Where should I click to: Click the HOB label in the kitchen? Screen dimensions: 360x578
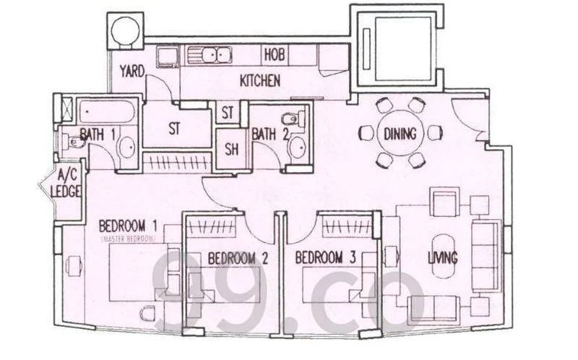click(x=274, y=54)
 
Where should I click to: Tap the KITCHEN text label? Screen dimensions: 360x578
click(x=259, y=81)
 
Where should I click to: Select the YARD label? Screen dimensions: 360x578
click(x=132, y=70)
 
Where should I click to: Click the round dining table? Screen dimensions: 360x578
click(x=399, y=133)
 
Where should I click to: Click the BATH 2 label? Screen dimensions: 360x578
click(x=269, y=133)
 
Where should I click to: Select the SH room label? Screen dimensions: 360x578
click(x=231, y=150)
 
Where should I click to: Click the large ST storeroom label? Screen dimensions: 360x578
click(x=173, y=128)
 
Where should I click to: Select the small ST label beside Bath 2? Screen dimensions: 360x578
click(x=228, y=113)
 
